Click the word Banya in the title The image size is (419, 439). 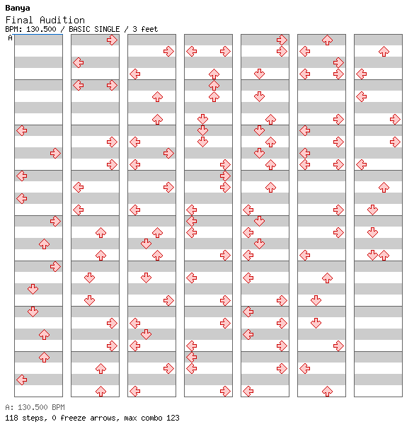tap(18, 8)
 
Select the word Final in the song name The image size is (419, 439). tap(19, 20)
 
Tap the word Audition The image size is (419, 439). tap(62, 20)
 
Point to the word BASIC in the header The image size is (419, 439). tap(80, 29)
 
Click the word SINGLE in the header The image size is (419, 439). tap(107, 29)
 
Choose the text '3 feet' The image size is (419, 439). tap(145, 29)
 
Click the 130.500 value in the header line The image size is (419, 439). tap(41, 29)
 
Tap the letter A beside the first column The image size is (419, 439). tap(11, 38)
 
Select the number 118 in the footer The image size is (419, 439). tap(12, 418)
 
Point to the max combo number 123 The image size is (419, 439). tap(173, 418)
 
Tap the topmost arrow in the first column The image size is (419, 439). tap(22, 130)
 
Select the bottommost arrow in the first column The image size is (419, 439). tap(22, 380)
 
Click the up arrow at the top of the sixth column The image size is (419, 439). tap(327, 40)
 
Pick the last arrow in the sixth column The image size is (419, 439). tap(327, 391)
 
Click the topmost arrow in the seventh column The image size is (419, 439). tap(384, 52)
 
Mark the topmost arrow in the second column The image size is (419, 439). tap(112, 40)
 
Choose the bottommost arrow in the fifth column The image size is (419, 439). tap(248, 391)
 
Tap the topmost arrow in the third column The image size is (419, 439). tap(168, 52)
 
